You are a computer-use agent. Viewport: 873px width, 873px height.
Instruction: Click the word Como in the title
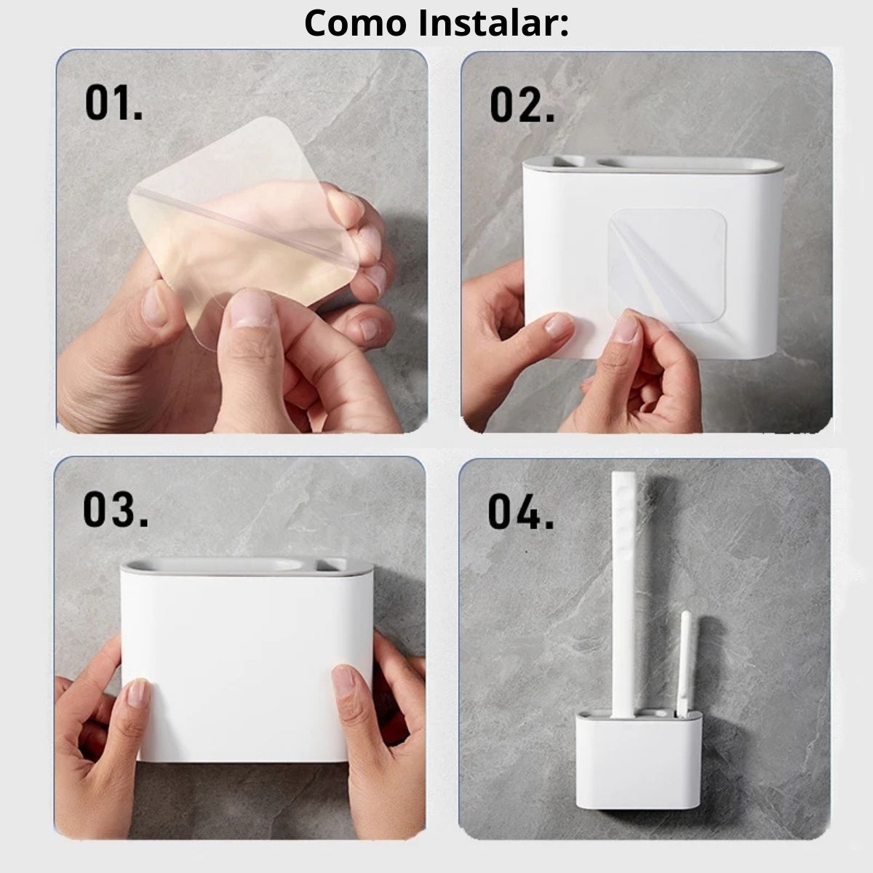[x=355, y=23]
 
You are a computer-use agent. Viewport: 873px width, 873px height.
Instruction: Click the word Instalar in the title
[x=493, y=23]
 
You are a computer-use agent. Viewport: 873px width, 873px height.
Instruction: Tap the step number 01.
[x=113, y=104]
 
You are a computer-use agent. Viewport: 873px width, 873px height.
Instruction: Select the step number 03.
[x=116, y=510]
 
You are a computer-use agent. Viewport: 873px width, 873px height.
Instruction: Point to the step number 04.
[x=520, y=512]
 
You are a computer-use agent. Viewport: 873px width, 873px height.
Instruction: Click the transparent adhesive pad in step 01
[x=244, y=226]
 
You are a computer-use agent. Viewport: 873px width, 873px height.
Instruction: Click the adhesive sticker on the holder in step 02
[x=667, y=266]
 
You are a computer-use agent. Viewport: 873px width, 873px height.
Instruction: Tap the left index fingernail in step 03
[x=138, y=693]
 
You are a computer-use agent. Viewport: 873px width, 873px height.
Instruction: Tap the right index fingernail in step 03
[x=343, y=679]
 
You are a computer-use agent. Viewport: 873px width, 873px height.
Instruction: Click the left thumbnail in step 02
[x=558, y=324]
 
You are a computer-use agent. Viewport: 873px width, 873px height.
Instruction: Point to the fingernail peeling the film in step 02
[x=626, y=327]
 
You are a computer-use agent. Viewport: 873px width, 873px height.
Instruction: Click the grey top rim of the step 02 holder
[x=653, y=164]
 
